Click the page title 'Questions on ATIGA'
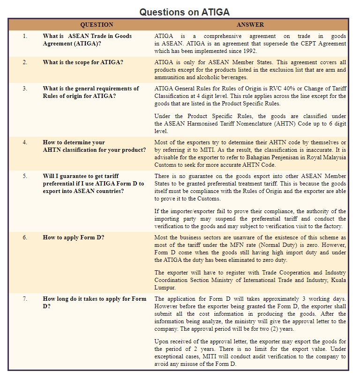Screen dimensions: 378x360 [x=184, y=12]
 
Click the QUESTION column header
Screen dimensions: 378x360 [x=97, y=24]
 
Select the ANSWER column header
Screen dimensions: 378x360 [x=250, y=24]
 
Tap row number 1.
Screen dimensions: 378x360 [x=25, y=36]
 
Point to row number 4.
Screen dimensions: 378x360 [x=25, y=142]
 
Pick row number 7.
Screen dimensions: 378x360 [x=25, y=299]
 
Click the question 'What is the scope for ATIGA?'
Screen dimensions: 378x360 [x=83, y=62]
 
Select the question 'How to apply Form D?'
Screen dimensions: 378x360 [x=74, y=237]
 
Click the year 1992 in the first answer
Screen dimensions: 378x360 [x=248, y=51]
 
